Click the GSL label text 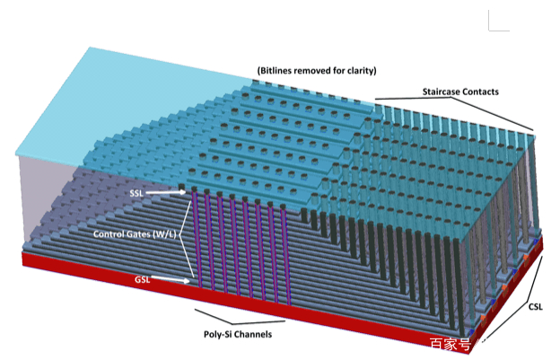(x=143, y=280)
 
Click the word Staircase (x=443, y=92)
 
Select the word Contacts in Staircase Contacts (x=484, y=92)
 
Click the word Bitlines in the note (x=279, y=70)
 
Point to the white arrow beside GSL (x=171, y=280)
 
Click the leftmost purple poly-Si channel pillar (x=196, y=242)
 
